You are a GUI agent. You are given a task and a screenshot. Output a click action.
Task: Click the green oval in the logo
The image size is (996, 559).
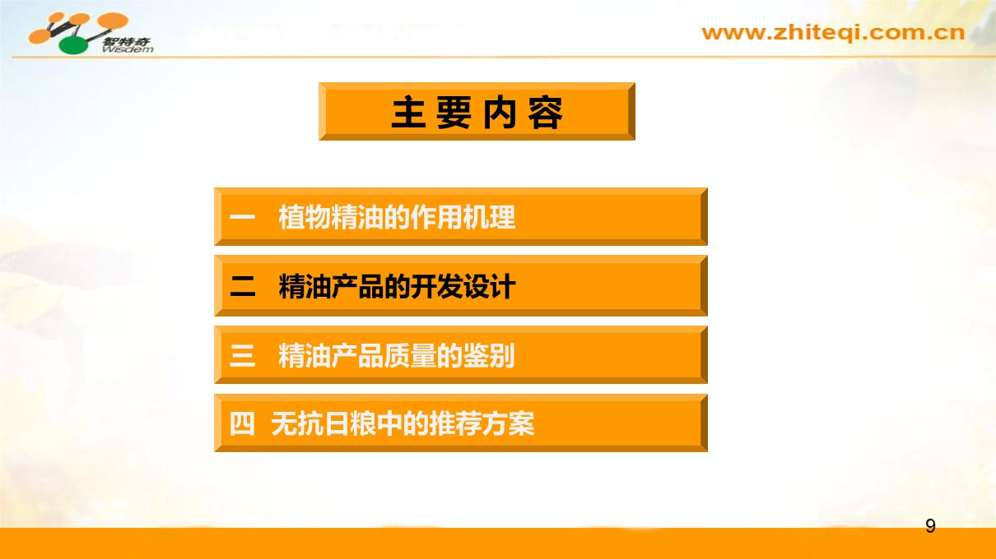click(74, 45)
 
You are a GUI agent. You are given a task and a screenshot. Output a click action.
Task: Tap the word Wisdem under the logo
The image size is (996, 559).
click(128, 49)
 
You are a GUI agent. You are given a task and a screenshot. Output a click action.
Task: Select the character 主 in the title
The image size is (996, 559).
click(408, 113)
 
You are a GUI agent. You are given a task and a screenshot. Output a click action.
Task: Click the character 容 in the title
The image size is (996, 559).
click(545, 113)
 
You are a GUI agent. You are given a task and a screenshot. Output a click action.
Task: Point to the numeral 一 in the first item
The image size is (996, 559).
click(242, 217)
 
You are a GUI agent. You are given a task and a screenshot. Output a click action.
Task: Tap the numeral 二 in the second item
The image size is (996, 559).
click(243, 286)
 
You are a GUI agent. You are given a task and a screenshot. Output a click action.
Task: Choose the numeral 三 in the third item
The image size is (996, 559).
click(242, 356)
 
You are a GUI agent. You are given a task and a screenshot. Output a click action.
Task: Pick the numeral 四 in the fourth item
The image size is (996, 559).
click(242, 423)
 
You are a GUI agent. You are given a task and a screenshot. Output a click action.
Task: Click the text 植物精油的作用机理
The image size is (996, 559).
click(397, 217)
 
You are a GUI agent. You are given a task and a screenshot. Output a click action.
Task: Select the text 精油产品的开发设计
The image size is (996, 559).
click(397, 286)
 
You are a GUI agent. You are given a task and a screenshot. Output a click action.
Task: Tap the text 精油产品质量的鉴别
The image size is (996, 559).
click(396, 356)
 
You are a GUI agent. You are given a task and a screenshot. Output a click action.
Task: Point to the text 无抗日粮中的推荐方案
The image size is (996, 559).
click(403, 423)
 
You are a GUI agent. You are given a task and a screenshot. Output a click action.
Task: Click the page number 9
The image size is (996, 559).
click(930, 525)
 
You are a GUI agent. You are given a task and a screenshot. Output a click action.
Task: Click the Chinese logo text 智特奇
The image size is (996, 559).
click(127, 41)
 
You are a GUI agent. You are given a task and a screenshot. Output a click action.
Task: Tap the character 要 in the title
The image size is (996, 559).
click(454, 113)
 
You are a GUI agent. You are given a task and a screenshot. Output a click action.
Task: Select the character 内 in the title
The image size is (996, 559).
click(500, 113)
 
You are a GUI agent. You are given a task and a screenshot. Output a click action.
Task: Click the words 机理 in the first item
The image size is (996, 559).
click(489, 217)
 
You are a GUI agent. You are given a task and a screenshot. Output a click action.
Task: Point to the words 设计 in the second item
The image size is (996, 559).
click(490, 286)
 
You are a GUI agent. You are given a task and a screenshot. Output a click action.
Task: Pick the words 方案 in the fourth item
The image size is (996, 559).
click(508, 423)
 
